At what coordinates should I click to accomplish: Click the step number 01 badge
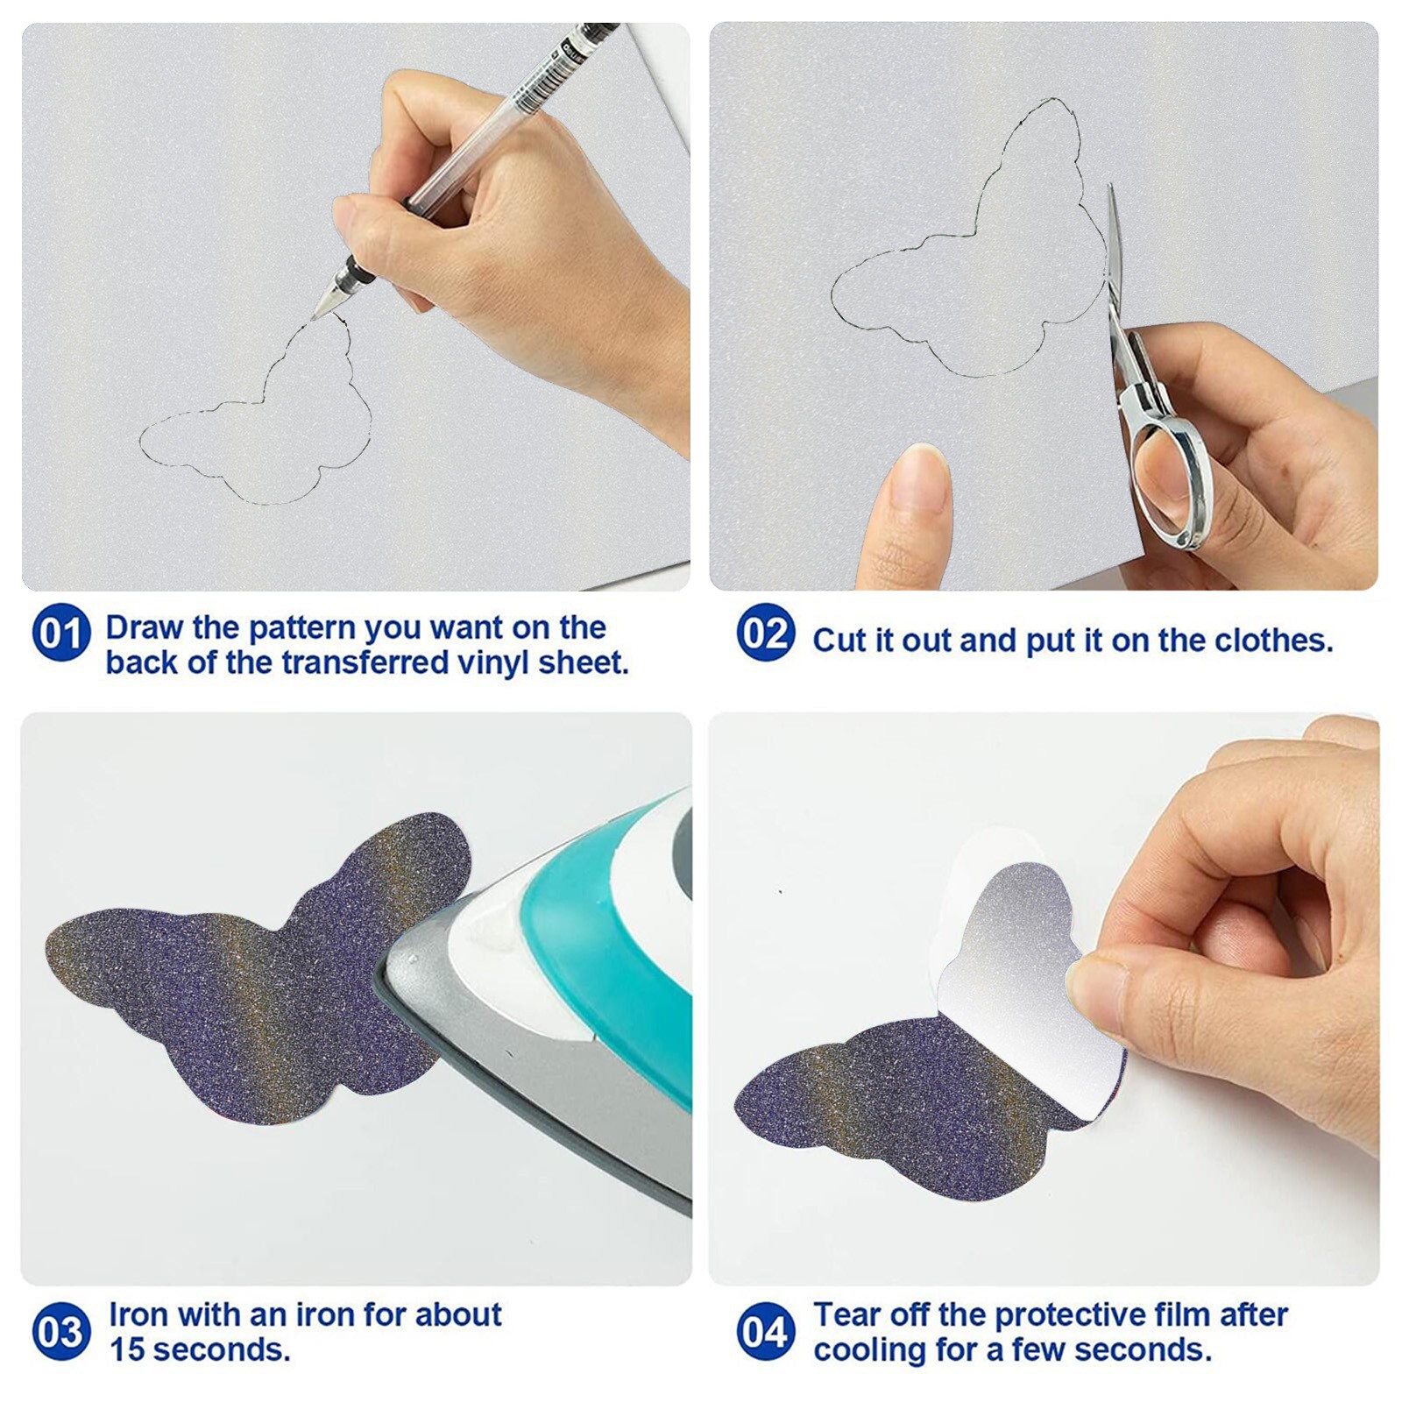coord(61,633)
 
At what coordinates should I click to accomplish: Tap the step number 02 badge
coord(766,633)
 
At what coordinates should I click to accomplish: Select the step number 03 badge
coord(61,1332)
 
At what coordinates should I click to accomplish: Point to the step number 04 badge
coord(766,1332)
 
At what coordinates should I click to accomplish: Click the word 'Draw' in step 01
coord(145,628)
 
